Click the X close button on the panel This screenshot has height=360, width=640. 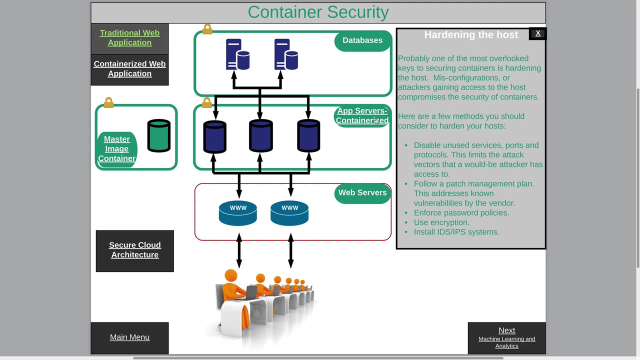(538, 33)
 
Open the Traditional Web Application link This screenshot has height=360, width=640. (129, 38)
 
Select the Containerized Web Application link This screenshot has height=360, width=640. (129, 69)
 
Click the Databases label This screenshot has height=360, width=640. (362, 40)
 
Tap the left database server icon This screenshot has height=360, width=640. (237, 54)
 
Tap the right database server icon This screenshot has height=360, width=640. (286, 54)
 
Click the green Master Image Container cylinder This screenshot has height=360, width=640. (159, 135)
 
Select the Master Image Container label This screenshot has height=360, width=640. (117, 149)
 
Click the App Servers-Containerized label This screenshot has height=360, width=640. (362, 116)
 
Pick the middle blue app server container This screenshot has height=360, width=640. (260, 136)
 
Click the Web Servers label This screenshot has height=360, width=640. (362, 193)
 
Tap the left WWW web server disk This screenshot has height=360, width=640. (238, 213)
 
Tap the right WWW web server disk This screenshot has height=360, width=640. (289, 213)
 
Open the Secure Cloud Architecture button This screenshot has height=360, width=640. (135, 250)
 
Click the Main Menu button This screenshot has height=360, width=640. (129, 337)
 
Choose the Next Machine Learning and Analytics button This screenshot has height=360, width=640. (506, 338)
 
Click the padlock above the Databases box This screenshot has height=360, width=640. (207, 29)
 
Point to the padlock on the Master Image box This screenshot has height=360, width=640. (108, 102)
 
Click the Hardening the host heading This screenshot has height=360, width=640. (471, 35)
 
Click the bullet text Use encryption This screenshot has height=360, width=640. (441, 222)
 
